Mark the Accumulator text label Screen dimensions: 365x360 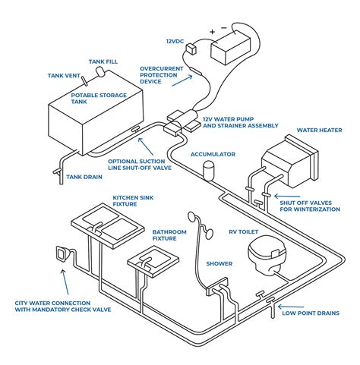pos(213,154)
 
